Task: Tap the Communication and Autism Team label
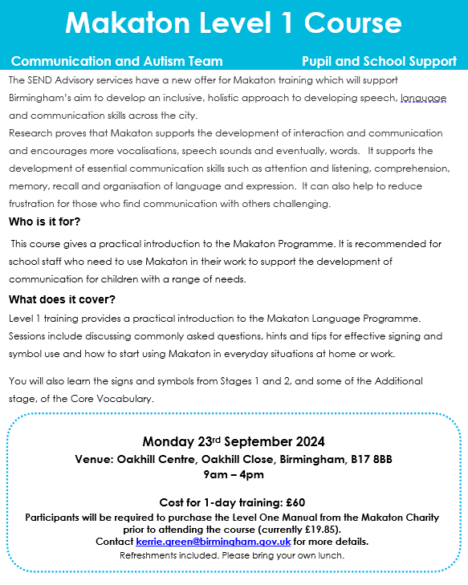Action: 117,61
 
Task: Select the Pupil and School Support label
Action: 379,61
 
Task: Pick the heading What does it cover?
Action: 63,300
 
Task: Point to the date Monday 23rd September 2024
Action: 234,442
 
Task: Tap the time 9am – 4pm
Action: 234,474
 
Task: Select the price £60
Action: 295,503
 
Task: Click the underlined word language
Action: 425,98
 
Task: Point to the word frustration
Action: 35,204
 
